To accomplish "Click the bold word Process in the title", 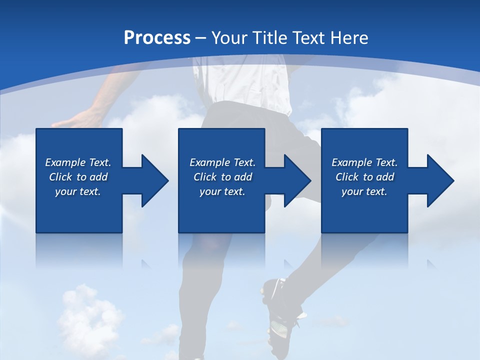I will (x=157, y=38).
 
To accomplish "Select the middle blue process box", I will (x=221, y=215).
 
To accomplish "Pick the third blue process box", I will (x=364, y=215).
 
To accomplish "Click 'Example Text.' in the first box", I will (x=78, y=162).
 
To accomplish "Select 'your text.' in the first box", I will (x=78, y=191).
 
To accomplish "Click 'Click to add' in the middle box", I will (x=222, y=177).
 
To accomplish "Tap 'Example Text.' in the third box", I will (x=364, y=162).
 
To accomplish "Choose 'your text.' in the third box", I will (x=364, y=191).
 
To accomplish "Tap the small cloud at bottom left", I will (x=87, y=310).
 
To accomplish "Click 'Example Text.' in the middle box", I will (x=222, y=162).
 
